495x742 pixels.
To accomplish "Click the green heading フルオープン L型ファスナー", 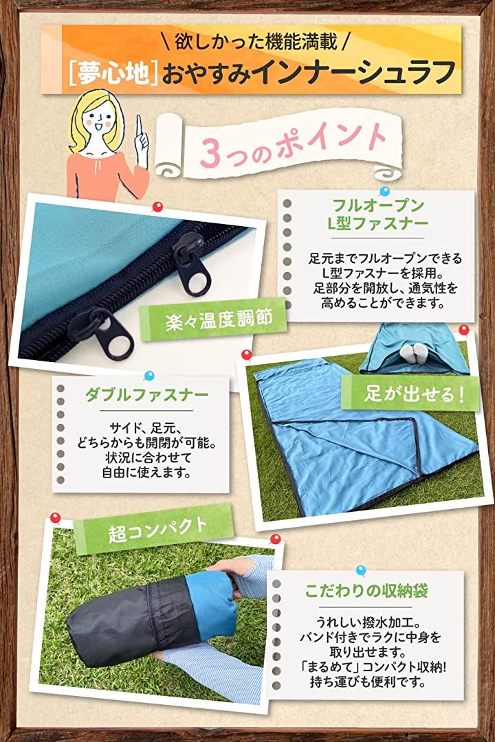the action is pyautogui.click(x=377, y=214).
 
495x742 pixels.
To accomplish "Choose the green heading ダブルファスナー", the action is pyautogui.click(x=146, y=394).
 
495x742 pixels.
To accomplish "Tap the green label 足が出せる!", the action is pyautogui.click(x=414, y=393).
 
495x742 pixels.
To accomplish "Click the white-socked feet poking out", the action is pyautogui.click(x=412, y=352).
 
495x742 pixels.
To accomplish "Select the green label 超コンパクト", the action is pyautogui.click(x=157, y=530).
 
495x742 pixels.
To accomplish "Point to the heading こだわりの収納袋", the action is pyautogui.click(x=366, y=592).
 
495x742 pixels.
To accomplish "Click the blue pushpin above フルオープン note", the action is pyautogui.click(x=384, y=192).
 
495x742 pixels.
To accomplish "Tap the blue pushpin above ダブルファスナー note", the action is pyautogui.click(x=149, y=376).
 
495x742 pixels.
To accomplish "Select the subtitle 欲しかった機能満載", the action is pyautogui.click(x=256, y=41).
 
